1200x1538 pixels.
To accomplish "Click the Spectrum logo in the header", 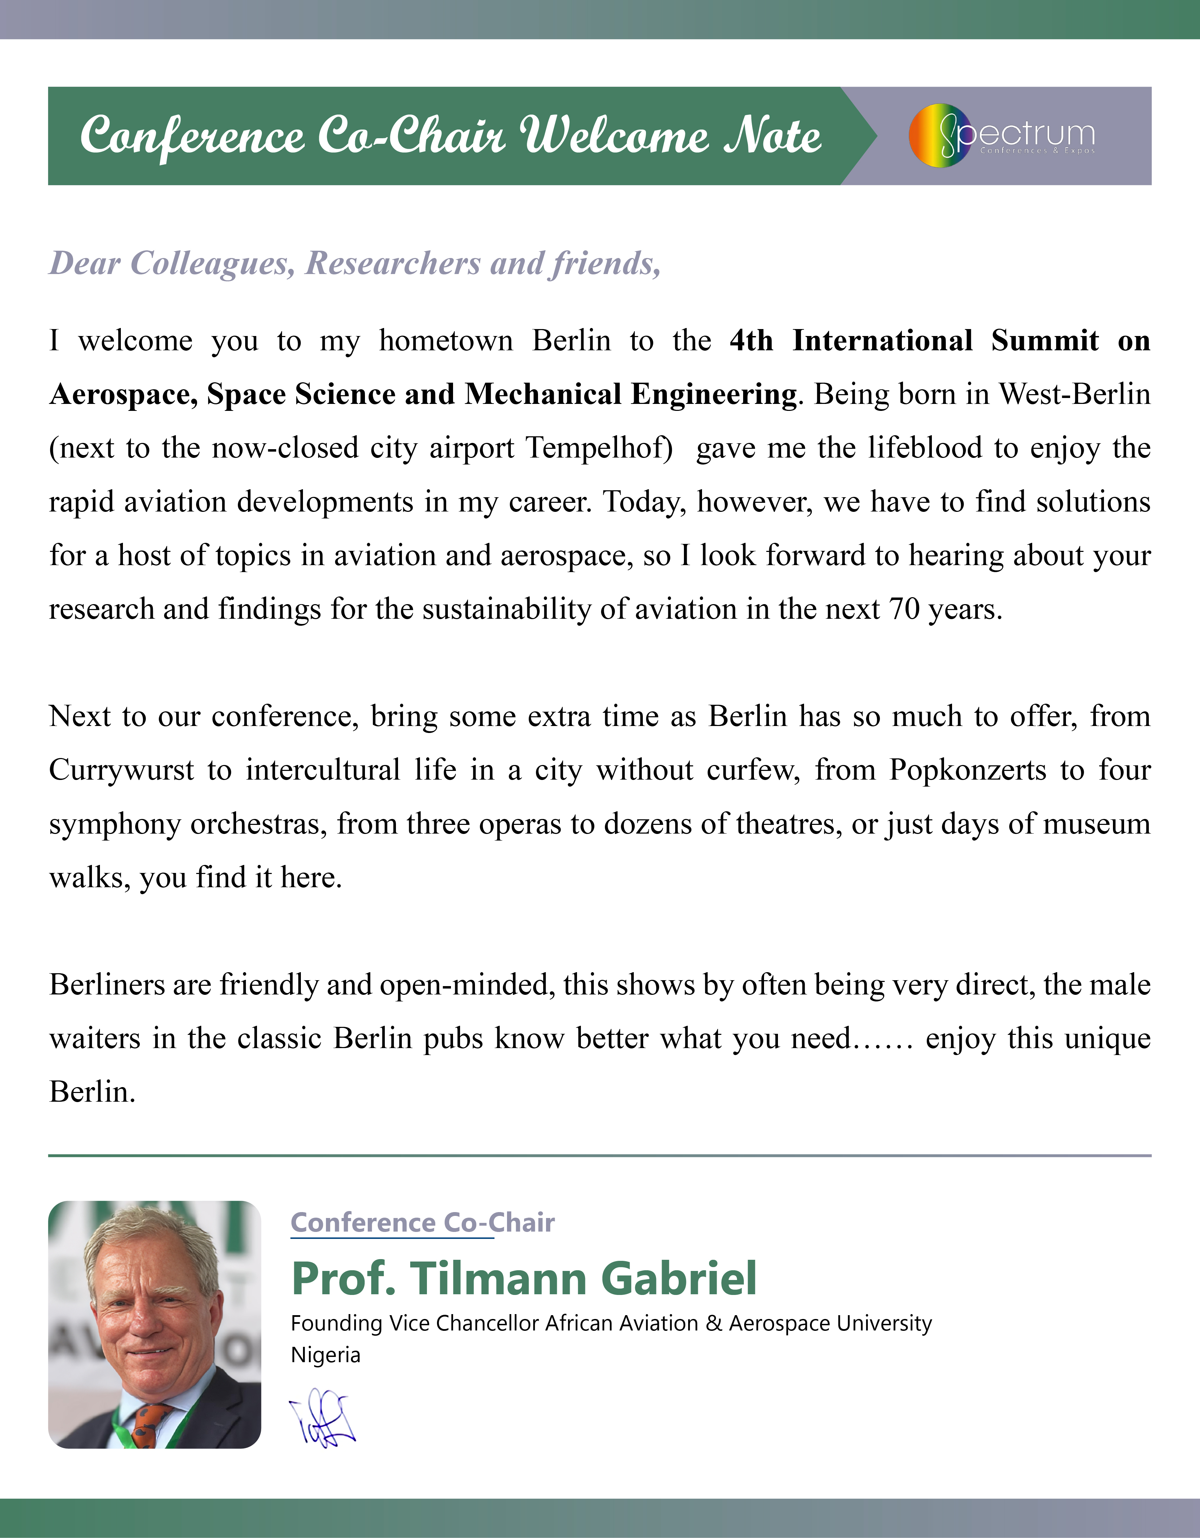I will pyautogui.click(x=1002, y=135).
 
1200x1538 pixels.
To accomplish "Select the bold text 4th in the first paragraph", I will pyautogui.click(x=751, y=341).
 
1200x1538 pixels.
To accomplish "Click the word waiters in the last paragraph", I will pyautogui.click(x=94, y=1039).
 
